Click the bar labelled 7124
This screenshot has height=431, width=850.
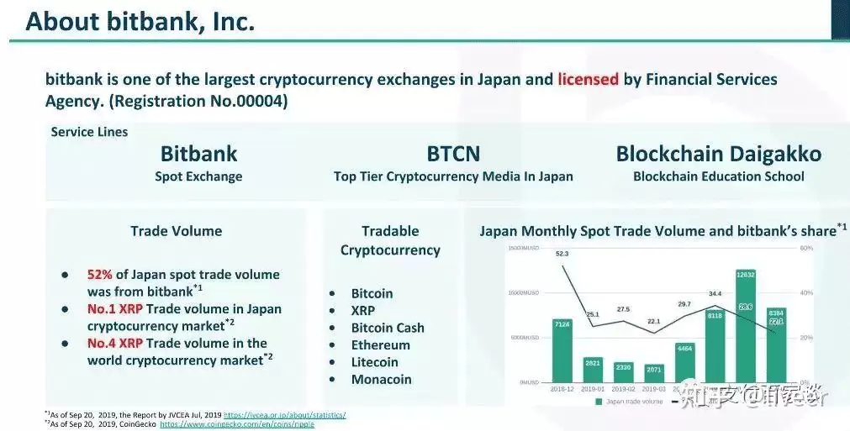point(562,350)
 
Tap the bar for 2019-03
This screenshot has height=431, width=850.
point(654,374)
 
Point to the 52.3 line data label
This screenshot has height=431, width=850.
point(562,255)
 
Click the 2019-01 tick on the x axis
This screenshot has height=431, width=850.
point(593,389)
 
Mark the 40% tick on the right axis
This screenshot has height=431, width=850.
point(805,293)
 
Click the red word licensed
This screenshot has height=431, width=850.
point(588,80)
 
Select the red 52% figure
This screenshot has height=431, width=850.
point(101,275)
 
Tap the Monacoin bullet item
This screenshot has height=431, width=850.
point(381,380)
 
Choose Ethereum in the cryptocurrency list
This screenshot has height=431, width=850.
point(380,345)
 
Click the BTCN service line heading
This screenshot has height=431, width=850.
point(453,155)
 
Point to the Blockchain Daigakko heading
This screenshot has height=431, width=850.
point(718,155)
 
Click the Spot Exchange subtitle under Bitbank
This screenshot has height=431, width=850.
point(198,177)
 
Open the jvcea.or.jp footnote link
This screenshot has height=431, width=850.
point(284,415)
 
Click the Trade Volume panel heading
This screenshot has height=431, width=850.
point(176,231)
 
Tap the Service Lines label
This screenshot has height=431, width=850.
point(89,132)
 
